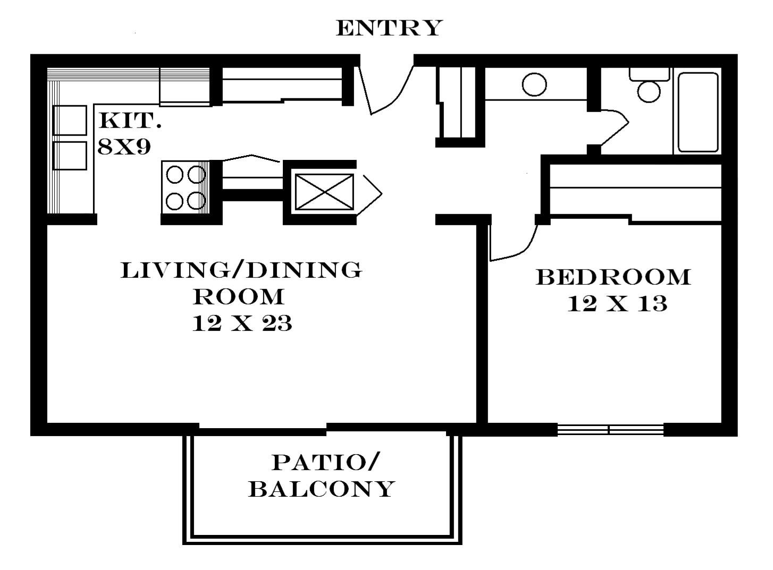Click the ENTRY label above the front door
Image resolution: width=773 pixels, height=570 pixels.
[x=389, y=28]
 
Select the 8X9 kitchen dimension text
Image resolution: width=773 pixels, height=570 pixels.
[x=124, y=147]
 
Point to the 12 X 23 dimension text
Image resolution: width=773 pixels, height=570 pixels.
[x=242, y=323]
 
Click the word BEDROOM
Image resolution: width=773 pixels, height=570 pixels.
[x=613, y=277]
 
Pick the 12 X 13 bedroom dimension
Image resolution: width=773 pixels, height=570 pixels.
[x=617, y=304]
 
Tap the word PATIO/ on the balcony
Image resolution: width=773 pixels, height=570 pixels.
[x=326, y=462]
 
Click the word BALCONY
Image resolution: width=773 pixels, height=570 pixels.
[x=322, y=489]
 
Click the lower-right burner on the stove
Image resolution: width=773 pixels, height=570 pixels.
[x=197, y=200]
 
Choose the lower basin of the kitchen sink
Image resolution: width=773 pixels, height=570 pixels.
[x=70, y=155]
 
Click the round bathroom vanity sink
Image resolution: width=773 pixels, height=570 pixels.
[x=534, y=85]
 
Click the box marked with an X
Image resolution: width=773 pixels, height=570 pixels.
[x=324, y=191]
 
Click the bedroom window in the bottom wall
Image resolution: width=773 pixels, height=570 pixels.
[x=610, y=429]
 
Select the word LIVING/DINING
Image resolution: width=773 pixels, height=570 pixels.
[x=242, y=270]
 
